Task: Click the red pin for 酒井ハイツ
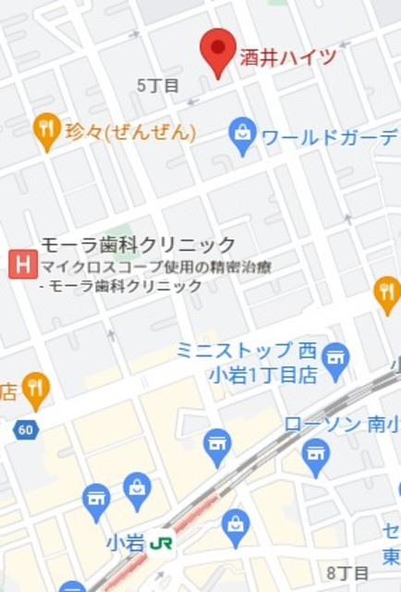click(219, 51)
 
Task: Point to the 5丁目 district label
click(157, 85)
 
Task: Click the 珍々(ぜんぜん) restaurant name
click(130, 132)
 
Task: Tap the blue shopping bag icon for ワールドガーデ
click(242, 136)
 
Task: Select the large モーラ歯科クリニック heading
click(138, 245)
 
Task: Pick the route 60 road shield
click(25, 429)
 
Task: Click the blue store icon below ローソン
click(315, 456)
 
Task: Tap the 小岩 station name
click(125, 543)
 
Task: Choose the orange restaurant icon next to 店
click(35, 389)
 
